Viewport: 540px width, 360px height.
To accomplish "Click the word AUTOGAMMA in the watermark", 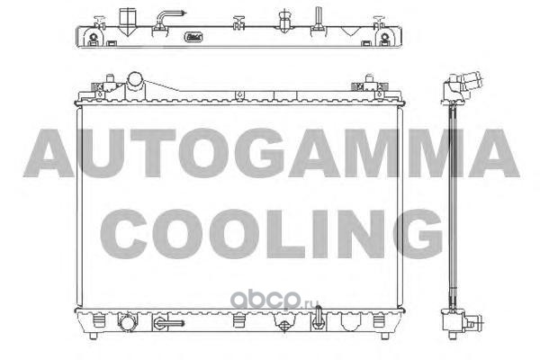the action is click(271, 153).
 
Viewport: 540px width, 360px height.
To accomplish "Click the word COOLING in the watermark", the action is click(272, 234).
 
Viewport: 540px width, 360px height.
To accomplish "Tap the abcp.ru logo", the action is click(274, 299).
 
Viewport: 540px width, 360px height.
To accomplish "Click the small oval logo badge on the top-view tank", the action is click(193, 37).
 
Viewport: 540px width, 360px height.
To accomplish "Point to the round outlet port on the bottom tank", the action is click(127, 323).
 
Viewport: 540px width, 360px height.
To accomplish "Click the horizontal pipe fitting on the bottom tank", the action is click(168, 323).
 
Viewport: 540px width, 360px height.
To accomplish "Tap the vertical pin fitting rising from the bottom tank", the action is click(318, 317).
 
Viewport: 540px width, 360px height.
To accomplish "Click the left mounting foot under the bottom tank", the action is click(93, 336).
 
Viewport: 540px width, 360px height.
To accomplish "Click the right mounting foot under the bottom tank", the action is click(385, 336).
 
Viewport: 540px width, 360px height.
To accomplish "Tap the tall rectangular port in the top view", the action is click(127, 22).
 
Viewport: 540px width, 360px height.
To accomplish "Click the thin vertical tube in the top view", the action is click(318, 17).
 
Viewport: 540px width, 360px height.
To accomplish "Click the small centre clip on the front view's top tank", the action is click(239, 95).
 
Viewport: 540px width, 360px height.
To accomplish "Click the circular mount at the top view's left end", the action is click(93, 36).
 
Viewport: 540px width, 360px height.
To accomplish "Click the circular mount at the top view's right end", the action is click(384, 36).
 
